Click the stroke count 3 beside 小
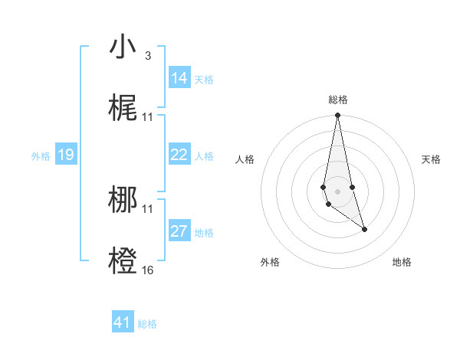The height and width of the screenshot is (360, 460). point(148,56)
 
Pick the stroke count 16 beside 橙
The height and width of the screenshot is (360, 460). point(148,270)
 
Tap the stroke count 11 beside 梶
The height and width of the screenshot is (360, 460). point(148,117)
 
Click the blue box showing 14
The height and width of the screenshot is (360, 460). point(179,78)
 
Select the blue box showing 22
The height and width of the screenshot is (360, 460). point(179,155)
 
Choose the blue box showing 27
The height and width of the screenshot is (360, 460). point(179,231)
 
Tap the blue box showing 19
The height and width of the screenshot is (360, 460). point(66,155)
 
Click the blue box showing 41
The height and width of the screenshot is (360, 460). point(123,322)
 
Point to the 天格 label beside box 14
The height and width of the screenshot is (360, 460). point(204,80)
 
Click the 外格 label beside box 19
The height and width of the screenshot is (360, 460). point(41,156)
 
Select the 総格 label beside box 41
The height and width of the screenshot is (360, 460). point(147,324)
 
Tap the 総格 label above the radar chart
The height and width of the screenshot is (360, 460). point(337,100)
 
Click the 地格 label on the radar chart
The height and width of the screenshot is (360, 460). point(402,262)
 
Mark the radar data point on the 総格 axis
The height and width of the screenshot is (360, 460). point(337,116)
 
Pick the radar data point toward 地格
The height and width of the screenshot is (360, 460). point(364,229)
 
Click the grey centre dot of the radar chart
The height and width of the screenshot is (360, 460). point(337,190)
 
